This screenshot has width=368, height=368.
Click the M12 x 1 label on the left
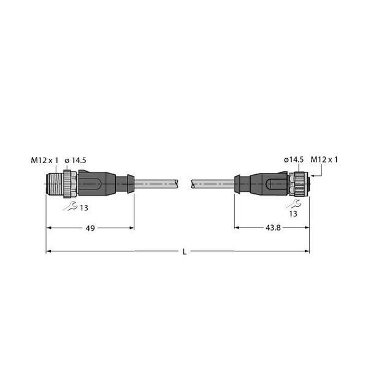pyautogui.click(x=45, y=160)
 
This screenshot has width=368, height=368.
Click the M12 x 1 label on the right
pyautogui.click(x=324, y=159)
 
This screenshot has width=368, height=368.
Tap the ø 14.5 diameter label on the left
pyautogui.click(x=75, y=160)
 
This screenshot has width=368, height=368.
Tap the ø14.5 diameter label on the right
pyautogui.click(x=294, y=159)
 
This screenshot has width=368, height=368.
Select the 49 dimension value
pyautogui.click(x=90, y=228)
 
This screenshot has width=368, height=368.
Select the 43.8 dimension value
pyautogui.click(x=273, y=228)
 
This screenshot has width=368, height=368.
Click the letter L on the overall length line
pyautogui.click(x=185, y=252)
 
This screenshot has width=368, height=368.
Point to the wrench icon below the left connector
pyautogui.click(x=70, y=206)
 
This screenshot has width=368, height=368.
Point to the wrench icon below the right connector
pyautogui.click(x=293, y=204)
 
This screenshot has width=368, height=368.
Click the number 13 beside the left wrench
pyautogui.click(x=84, y=208)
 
